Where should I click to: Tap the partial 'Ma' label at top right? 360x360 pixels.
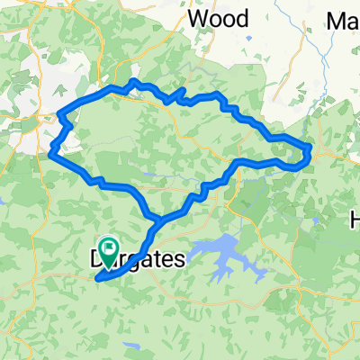tap(343, 20)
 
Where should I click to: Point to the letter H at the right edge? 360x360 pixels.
tap(354, 219)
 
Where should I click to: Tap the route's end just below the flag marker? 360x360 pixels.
tap(96, 279)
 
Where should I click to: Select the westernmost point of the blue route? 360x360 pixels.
tap(47, 155)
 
